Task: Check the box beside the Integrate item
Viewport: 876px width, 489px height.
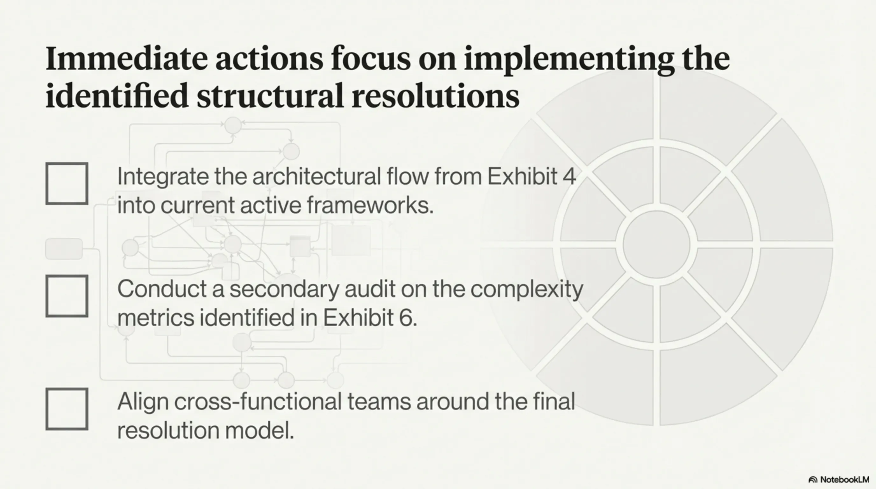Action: point(67,184)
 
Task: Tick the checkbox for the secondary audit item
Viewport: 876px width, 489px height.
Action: point(67,296)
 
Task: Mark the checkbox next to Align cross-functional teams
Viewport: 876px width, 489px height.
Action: point(67,409)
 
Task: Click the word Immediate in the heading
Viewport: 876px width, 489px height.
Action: point(126,59)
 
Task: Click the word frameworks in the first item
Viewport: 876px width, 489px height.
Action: point(370,205)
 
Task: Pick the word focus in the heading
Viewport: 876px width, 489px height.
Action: point(370,59)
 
